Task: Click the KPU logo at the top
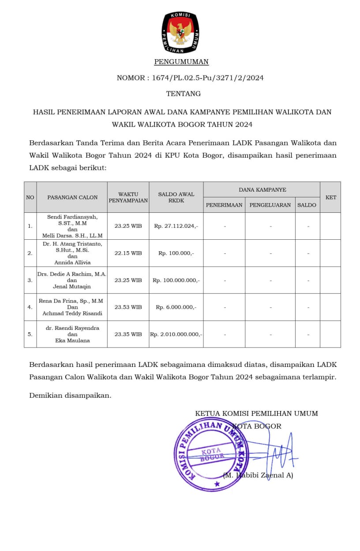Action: pos(180,32)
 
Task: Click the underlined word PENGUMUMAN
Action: pos(181,62)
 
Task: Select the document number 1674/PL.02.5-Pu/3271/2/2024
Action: pos(208,78)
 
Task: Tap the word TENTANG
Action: pos(184,94)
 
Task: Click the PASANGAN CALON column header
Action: pos(72,197)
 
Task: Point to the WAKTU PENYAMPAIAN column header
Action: pos(128,197)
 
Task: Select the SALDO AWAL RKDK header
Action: pos(176,197)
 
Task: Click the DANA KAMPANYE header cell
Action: pos(262,190)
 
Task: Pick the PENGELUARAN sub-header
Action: pos(270,205)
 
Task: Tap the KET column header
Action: pos(330,197)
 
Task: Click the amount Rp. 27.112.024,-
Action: pos(176,226)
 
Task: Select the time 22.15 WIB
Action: pos(128,253)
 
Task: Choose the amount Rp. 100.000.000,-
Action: pos(176,280)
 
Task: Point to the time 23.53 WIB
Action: pos(128,307)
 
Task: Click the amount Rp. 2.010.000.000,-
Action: pos(176,334)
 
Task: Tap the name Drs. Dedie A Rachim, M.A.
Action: pos(72,274)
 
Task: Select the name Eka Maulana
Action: pos(72,340)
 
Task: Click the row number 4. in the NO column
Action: pos(30,307)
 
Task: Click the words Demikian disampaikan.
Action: pos(70,396)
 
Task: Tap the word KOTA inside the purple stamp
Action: pos(211,452)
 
